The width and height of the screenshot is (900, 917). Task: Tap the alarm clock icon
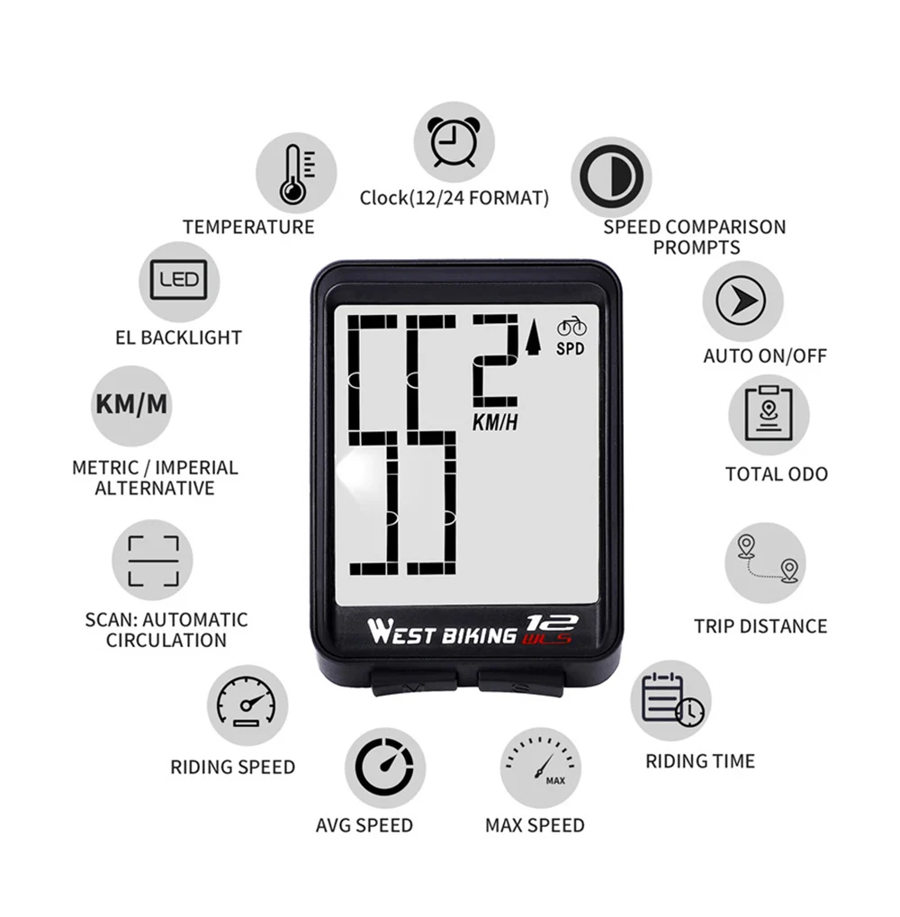pyautogui.click(x=454, y=141)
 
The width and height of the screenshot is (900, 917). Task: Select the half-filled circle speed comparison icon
pyautogui.click(x=612, y=176)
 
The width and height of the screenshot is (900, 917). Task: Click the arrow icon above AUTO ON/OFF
pyautogui.click(x=742, y=301)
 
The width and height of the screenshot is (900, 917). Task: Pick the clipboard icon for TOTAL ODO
pyautogui.click(x=768, y=415)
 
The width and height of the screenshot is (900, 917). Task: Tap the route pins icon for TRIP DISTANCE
pyautogui.click(x=766, y=562)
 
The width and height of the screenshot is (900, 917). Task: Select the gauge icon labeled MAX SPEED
pyautogui.click(x=540, y=767)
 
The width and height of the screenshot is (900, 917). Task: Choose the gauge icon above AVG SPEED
pyautogui.click(x=384, y=768)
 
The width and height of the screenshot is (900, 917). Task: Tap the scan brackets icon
pyautogui.click(x=153, y=562)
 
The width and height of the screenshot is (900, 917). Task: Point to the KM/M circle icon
pyautogui.click(x=131, y=403)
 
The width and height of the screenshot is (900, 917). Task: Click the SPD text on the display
pyautogui.click(x=570, y=349)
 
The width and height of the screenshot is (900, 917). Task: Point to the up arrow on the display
pyautogui.click(x=534, y=339)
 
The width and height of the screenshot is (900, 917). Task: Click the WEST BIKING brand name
pyautogui.click(x=441, y=633)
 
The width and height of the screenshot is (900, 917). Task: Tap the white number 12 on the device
pyautogui.click(x=551, y=621)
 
